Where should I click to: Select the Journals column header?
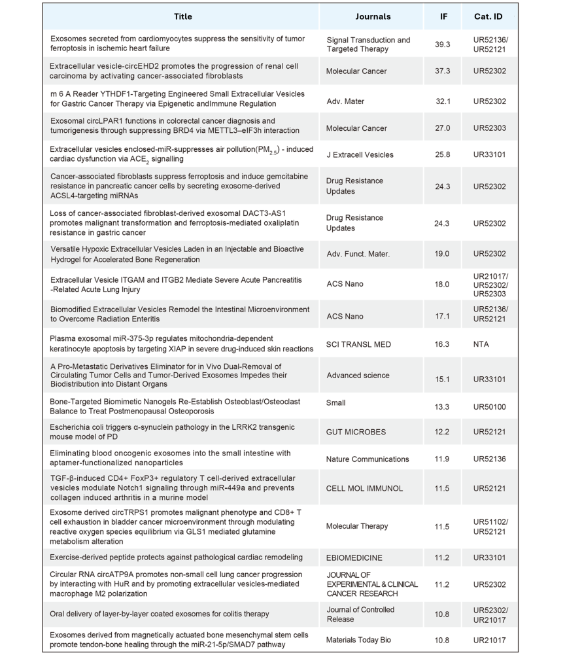373,16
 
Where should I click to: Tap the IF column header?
444,16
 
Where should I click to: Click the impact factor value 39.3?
443,44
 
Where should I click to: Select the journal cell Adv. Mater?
345,101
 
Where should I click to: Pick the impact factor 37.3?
443,71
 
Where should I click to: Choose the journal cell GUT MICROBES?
356,432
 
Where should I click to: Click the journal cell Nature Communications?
368,459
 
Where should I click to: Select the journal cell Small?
336,404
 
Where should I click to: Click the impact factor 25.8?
443,155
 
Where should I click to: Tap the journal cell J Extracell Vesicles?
360,155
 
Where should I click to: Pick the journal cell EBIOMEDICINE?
354,558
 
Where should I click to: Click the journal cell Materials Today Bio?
358,640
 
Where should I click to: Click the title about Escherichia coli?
172,432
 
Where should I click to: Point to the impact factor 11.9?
443,459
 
